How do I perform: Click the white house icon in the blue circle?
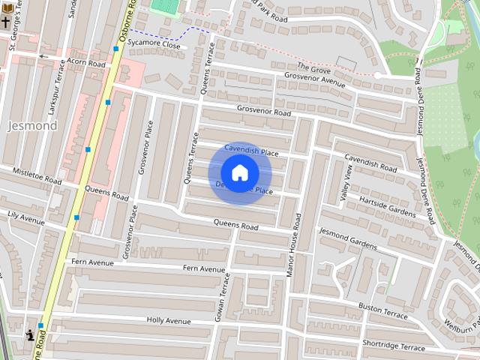click(239, 173)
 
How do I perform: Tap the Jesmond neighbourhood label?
click(32, 126)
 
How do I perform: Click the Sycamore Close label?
click(154, 45)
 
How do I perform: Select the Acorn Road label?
click(87, 64)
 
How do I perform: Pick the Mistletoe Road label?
click(37, 177)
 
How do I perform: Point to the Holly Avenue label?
click(169, 320)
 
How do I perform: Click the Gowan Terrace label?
click(223, 297)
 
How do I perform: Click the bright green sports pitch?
click(166, 6)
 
